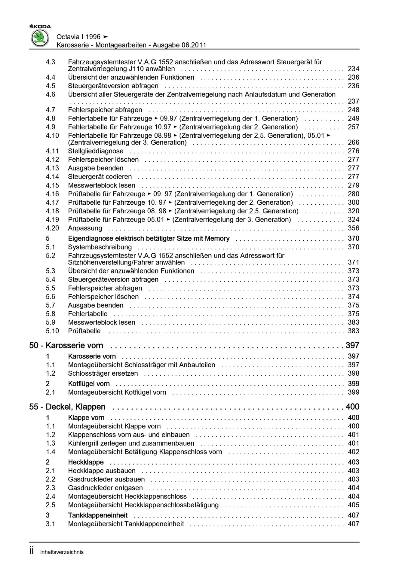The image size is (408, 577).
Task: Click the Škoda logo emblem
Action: pos(40,38)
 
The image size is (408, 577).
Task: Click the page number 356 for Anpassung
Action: pos(353,228)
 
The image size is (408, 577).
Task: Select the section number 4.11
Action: pos(52,151)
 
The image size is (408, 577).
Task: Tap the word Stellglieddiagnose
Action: pos(96,151)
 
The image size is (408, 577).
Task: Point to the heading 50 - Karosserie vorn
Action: pos(66,345)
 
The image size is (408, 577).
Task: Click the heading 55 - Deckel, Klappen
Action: pos(67,407)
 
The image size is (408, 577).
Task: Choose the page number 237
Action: pos(353,101)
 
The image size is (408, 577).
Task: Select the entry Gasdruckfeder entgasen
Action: pos(105,488)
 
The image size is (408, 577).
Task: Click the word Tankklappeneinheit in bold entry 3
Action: pos(98,515)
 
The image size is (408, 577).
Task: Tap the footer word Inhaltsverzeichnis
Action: pos(62,552)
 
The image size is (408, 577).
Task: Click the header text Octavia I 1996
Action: pos(78,37)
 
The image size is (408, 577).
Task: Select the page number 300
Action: pos(353,202)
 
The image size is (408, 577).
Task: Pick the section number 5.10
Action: pos(52,331)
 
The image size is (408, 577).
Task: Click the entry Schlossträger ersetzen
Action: pos(103,373)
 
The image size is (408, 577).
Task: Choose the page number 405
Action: pos(353,505)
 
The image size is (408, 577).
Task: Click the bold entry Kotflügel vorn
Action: pos(89,383)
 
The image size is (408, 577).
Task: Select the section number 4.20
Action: pos(52,228)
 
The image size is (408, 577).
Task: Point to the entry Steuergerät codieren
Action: pos(100,177)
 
